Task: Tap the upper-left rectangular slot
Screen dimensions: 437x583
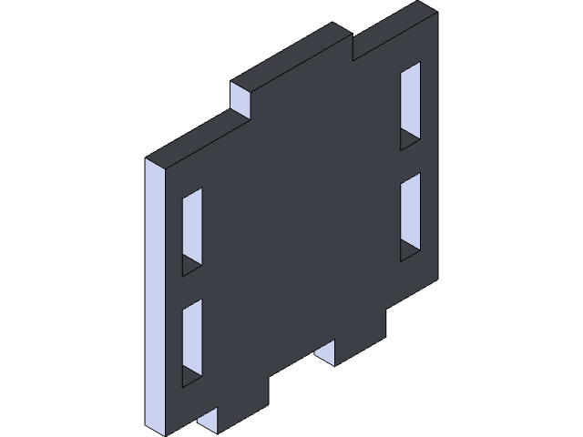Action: point(191,228)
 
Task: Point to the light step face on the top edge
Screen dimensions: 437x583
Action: point(240,99)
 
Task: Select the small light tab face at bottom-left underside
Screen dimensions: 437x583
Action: point(208,420)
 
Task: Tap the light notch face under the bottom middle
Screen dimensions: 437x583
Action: point(325,351)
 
